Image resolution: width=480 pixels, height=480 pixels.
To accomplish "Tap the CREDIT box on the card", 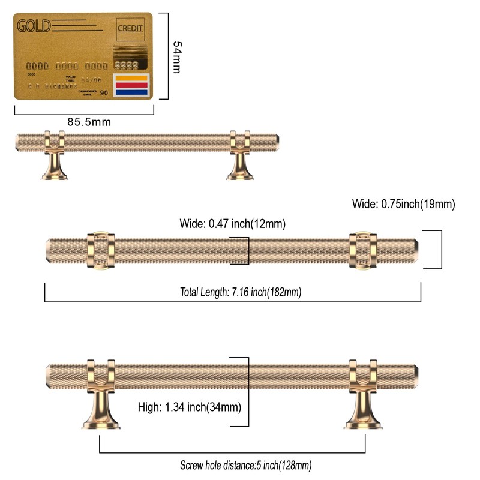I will tap(130, 28).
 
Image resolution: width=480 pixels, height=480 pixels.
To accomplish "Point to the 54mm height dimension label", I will tap(176, 57).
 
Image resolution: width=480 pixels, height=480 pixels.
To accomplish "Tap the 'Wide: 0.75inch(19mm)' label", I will tap(404, 204).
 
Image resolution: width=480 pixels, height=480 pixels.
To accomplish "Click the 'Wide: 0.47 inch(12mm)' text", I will tap(232, 224).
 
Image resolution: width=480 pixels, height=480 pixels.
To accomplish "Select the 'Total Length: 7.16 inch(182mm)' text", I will tap(241, 293).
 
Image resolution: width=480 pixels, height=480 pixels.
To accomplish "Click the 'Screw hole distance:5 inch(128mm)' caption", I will tap(245, 465).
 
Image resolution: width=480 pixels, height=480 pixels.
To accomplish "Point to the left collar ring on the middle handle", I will tap(100, 250).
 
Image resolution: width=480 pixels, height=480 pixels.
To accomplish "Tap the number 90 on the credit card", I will tap(104, 92).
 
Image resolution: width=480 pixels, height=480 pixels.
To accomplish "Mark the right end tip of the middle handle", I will tap(417, 250).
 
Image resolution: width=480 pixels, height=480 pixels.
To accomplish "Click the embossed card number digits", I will tap(66, 65).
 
